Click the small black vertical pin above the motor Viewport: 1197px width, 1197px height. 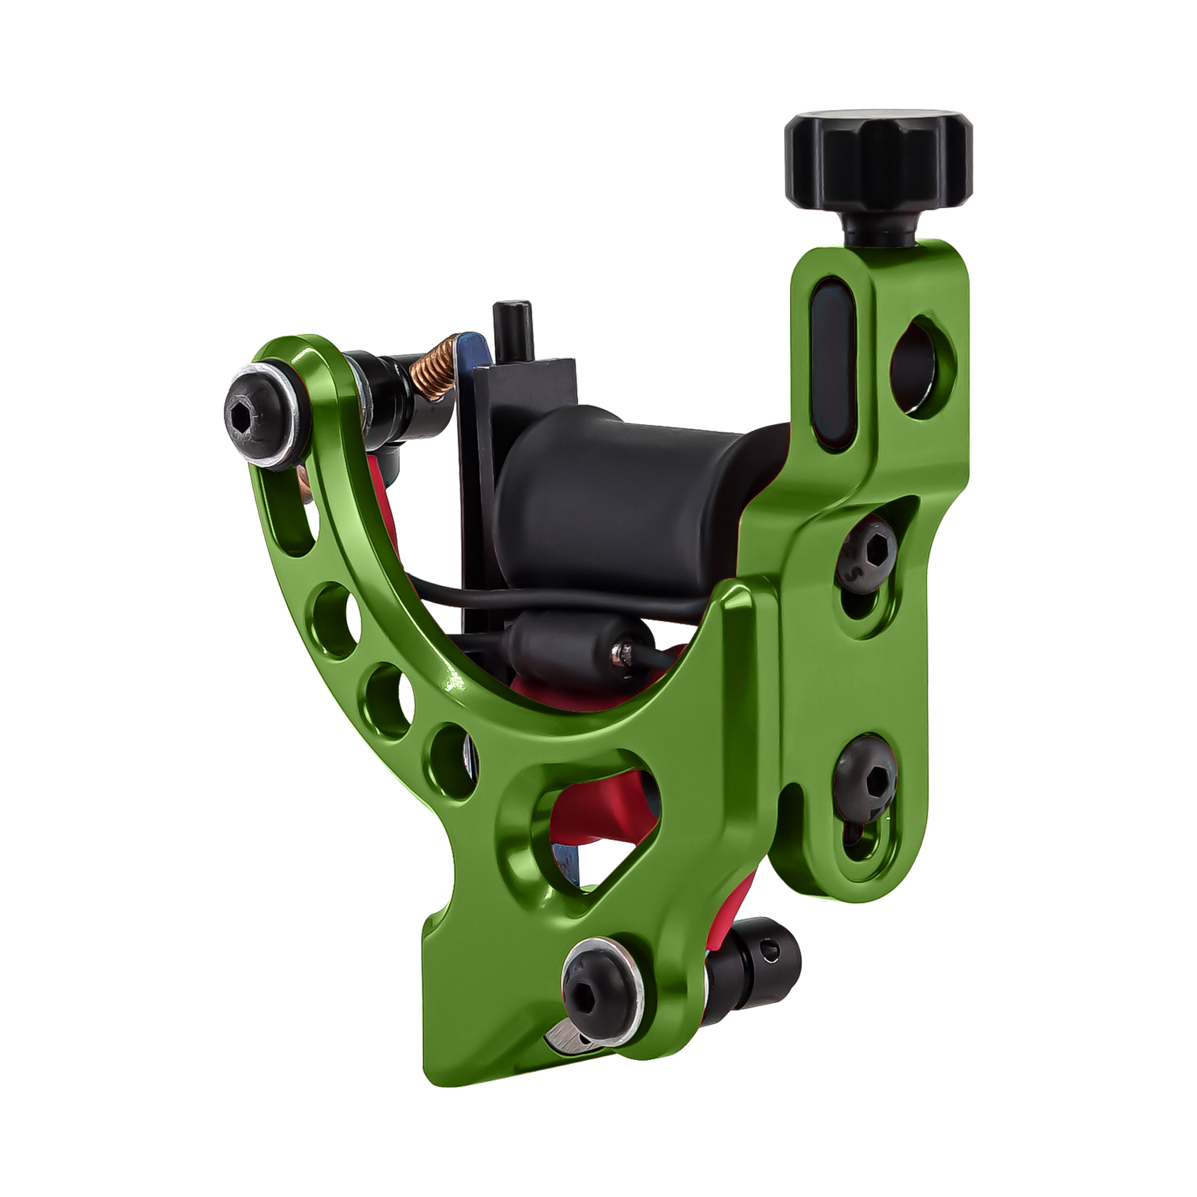click(x=511, y=332)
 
